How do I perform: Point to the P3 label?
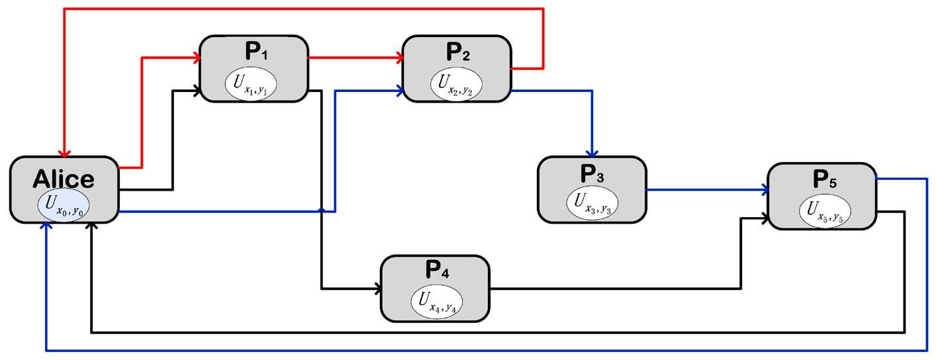[x=591, y=174]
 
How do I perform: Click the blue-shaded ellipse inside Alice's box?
[x=64, y=205]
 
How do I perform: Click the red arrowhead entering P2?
[x=399, y=58]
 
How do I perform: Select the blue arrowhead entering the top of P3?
[x=592, y=152]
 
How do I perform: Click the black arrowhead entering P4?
[x=377, y=289]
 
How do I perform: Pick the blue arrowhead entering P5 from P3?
[x=765, y=191]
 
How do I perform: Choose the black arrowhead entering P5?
[x=765, y=218]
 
